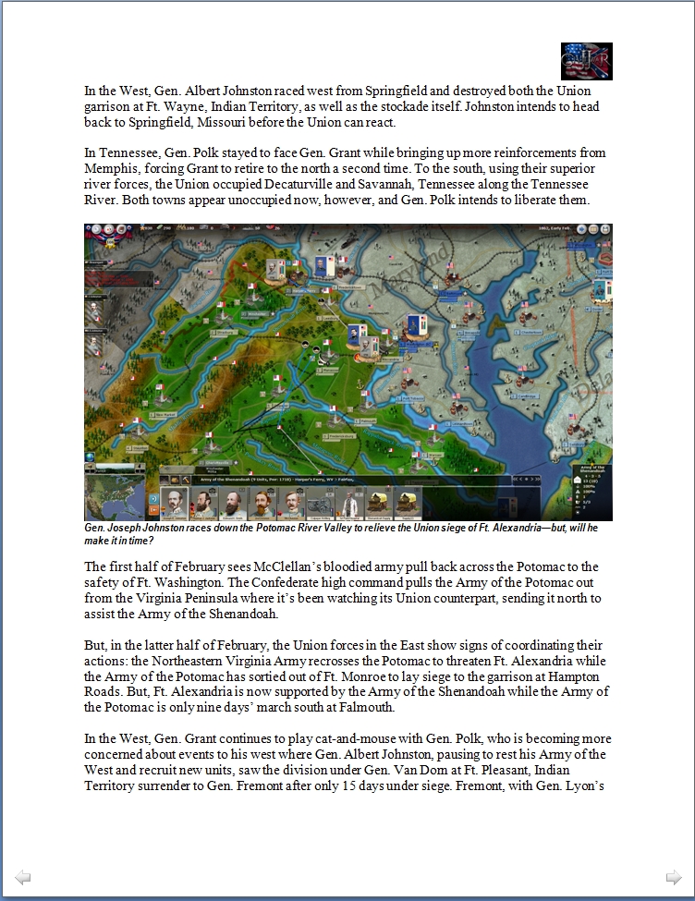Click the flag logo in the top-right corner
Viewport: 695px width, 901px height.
[x=586, y=61]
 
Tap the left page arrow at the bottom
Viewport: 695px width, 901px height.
[x=23, y=878]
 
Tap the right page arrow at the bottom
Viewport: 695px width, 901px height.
[x=674, y=878]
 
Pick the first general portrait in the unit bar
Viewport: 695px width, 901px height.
[x=174, y=504]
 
